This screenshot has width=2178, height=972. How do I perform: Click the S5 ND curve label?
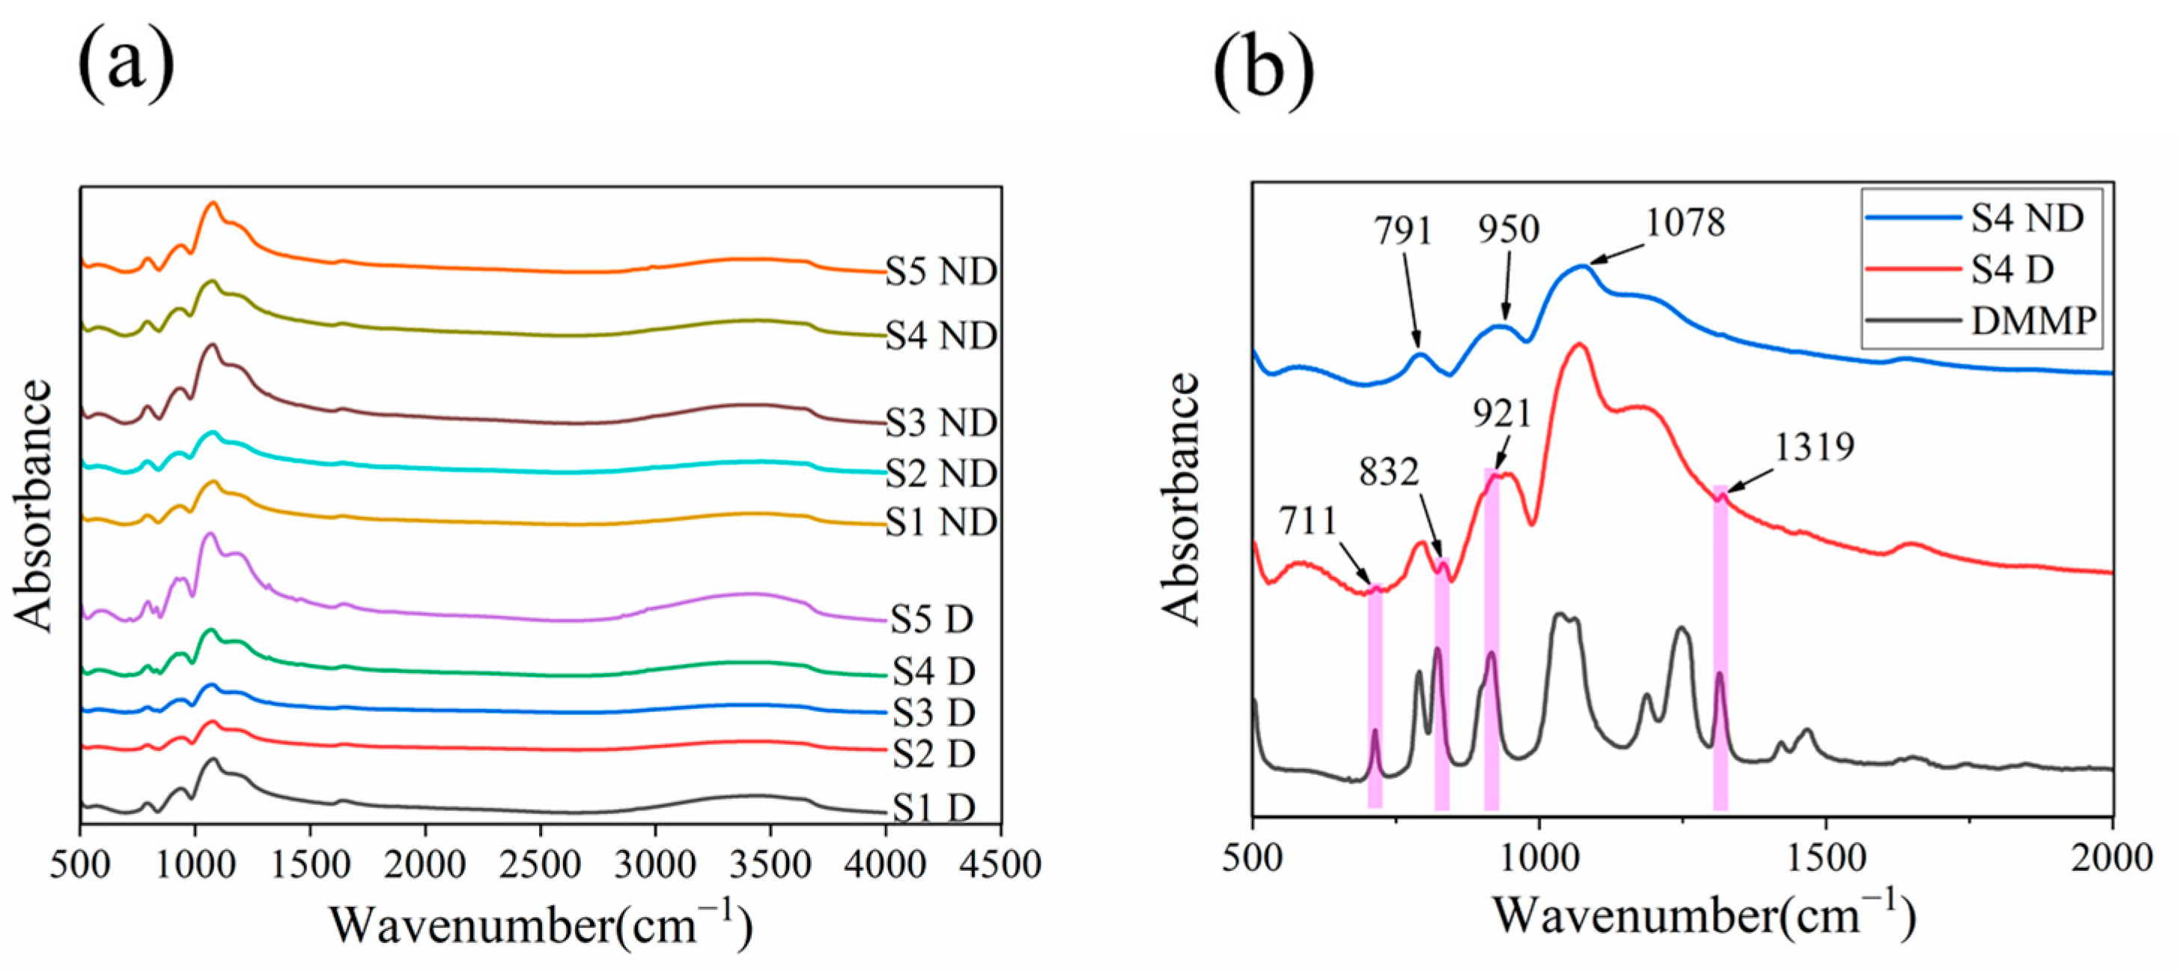point(940,271)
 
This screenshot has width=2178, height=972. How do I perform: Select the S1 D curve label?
point(934,809)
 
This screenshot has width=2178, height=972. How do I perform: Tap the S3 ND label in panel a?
point(940,422)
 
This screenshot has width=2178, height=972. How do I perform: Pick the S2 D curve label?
point(934,753)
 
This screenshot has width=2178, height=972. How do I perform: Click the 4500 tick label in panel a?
point(1000,865)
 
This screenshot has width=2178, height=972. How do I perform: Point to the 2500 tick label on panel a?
point(541,865)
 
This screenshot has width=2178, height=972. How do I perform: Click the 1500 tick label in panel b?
point(1826,858)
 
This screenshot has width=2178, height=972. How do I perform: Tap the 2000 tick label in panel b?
point(2112,858)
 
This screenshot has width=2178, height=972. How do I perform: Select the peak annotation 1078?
point(1685,223)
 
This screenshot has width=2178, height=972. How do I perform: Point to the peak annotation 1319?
point(1813,446)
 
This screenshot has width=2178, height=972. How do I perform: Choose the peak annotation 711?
point(1308,520)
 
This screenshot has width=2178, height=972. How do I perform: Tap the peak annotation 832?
point(1389,472)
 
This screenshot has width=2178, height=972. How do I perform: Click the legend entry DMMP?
point(2033,322)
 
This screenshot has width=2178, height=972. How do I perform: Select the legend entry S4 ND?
point(2027,218)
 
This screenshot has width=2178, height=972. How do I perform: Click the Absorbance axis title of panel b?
point(1182,499)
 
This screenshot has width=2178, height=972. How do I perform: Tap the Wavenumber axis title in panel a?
point(541,924)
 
